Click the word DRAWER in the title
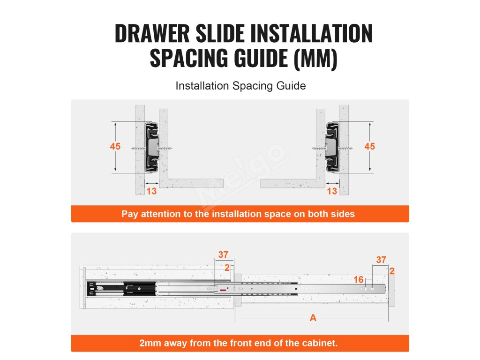click(152, 33)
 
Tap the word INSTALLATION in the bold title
click(311, 33)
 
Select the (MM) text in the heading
click(315, 58)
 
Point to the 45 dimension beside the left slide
click(115, 146)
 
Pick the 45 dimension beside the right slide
click(369, 146)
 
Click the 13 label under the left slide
click(151, 191)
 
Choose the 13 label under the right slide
click(332, 191)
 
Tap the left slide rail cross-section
click(151, 148)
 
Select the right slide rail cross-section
click(332, 148)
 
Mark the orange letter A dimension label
click(313, 318)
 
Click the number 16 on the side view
click(359, 279)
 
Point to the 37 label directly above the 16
click(381, 260)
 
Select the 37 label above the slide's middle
click(223, 255)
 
